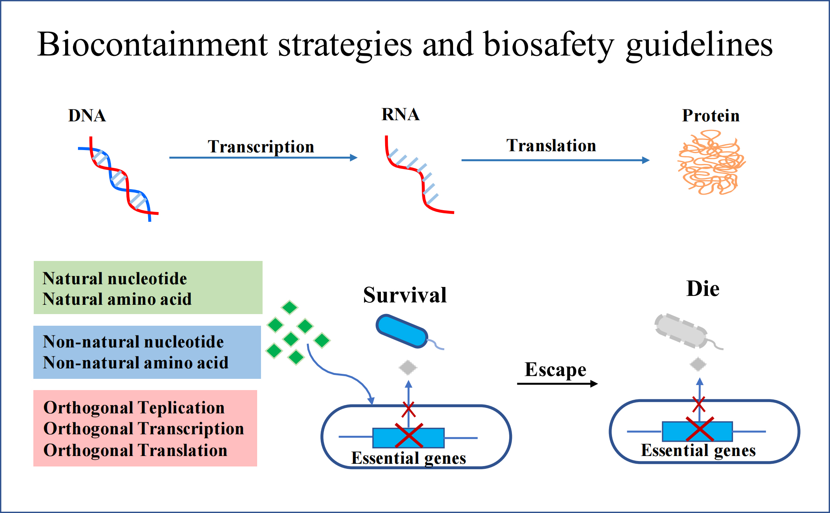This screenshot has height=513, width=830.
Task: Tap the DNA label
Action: (x=87, y=116)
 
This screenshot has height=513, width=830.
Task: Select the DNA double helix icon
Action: (x=119, y=180)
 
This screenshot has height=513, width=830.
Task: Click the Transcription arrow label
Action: (x=261, y=147)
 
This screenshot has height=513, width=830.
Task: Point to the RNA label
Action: (x=400, y=115)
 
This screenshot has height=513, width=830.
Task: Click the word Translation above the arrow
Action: (x=551, y=146)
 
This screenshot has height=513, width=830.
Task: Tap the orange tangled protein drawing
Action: (x=711, y=162)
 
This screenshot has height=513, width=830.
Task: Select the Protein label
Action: (x=711, y=116)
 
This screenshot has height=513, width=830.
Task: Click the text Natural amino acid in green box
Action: (x=117, y=299)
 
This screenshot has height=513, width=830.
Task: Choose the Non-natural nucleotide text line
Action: (x=133, y=342)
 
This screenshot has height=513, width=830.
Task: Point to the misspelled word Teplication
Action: (x=181, y=408)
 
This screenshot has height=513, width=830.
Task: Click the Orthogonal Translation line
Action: (x=135, y=451)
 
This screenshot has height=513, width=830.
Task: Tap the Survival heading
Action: (x=405, y=295)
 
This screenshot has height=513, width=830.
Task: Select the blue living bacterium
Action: (x=402, y=331)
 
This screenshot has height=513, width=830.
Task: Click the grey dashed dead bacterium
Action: (x=681, y=331)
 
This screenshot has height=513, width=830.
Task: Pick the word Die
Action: (x=702, y=289)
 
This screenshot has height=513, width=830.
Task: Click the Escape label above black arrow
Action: (x=555, y=370)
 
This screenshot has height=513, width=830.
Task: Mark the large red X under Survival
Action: (x=409, y=435)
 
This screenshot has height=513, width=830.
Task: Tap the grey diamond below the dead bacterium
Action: (x=698, y=364)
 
